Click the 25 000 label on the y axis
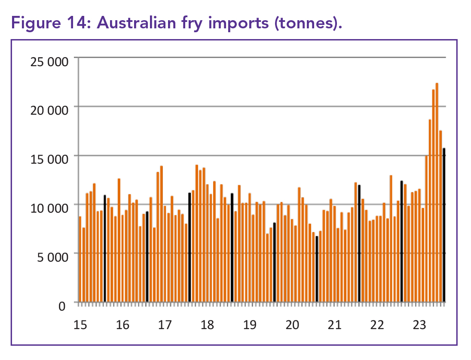[x=49, y=61]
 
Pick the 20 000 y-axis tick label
[x=49, y=110]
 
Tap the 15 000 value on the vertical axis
[x=49, y=159]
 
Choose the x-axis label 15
[x=80, y=324]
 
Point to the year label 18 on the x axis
[x=207, y=324]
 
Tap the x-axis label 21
[x=334, y=324]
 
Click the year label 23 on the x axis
[x=419, y=324]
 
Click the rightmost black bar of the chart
[x=444, y=225]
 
